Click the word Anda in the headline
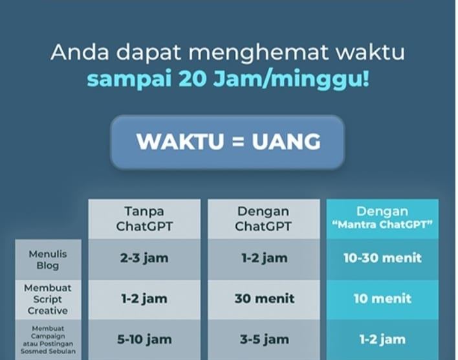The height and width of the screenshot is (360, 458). (x=80, y=52)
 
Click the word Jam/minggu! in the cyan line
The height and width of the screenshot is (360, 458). (x=291, y=80)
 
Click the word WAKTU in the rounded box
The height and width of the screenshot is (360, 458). (x=180, y=142)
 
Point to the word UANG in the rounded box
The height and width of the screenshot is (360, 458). (x=286, y=142)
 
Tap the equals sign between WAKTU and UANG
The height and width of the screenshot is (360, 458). (x=238, y=142)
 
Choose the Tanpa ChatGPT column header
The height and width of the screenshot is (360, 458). (x=144, y=219)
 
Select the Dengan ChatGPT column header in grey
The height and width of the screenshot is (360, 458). (x=263, y=219)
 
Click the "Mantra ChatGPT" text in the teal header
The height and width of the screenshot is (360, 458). (x=382, y=225)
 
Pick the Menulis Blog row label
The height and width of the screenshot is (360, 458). (x=48, y=260)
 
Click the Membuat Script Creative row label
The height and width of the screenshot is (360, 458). (x=48, y=299)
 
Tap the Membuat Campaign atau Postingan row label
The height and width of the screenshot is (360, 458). (x=48, y=340)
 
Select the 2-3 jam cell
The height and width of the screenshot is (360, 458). (x=144, y=258)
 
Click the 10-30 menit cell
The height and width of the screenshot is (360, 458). (x=382, y=258)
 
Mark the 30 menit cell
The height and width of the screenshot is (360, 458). (x=265, y=298)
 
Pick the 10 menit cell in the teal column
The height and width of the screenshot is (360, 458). (x=382, y=298)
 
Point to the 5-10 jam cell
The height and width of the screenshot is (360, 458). (x=144, y=339)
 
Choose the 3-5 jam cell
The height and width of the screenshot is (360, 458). (x=265, y=339)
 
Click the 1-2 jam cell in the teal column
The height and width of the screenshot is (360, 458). (x=382, y=339)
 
